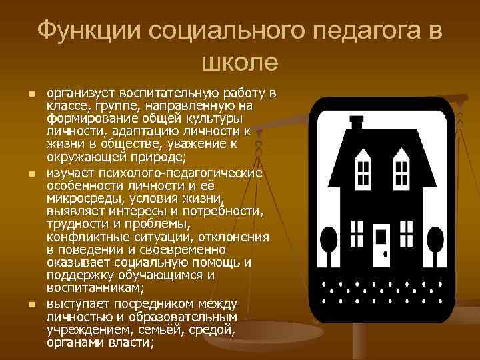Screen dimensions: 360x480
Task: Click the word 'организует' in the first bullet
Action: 81,92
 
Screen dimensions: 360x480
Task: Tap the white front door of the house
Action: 381,244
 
